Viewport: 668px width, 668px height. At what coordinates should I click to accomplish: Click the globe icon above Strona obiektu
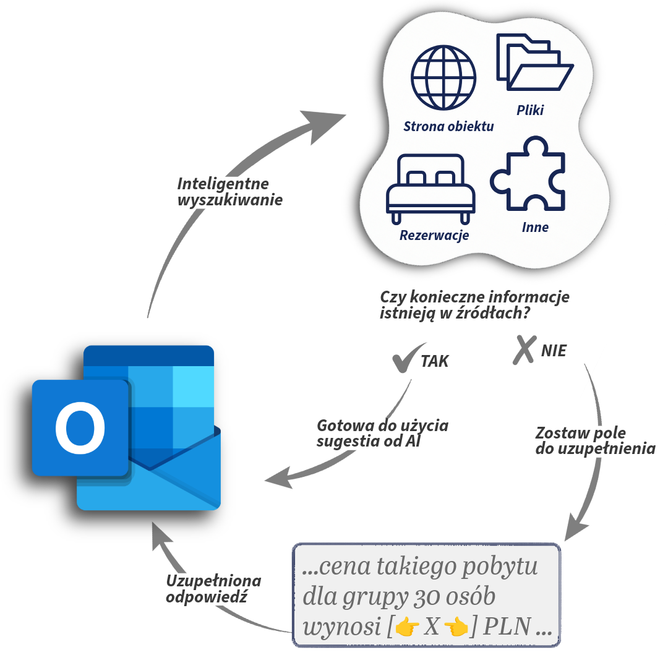tap(443, 77)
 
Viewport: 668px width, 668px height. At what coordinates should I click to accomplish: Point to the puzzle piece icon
tap(528, 175)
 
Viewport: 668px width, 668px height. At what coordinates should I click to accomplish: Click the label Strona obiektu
tap(448, 127)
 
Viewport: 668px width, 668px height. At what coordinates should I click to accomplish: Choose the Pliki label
tap(530, 111)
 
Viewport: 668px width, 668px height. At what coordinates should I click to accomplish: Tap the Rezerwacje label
tap(434, 236)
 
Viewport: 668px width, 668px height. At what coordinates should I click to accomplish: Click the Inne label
tap(535, 228)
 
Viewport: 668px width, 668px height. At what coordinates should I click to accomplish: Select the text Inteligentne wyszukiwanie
tap(229, 192)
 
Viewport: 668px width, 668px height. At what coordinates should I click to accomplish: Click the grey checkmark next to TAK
tap(408, 358)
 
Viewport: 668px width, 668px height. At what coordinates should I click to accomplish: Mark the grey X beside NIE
tap(523, 349)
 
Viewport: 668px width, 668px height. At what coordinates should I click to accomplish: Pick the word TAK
tap(435, 361)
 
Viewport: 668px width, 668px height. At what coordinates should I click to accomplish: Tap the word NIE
tap(554, 351)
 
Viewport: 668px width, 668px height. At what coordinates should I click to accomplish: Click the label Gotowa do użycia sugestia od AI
tap(382, 434)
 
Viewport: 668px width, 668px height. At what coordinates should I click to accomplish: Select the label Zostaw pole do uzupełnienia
tap(594, 441)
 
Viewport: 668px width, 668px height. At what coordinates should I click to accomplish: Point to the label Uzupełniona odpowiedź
tap(213, 589)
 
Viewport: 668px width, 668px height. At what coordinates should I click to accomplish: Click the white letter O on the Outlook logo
tap(80, 427)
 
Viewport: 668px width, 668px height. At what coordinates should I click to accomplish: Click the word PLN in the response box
tap(507, 627)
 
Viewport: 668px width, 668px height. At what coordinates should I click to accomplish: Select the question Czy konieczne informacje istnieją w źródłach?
tap(474, 306)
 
